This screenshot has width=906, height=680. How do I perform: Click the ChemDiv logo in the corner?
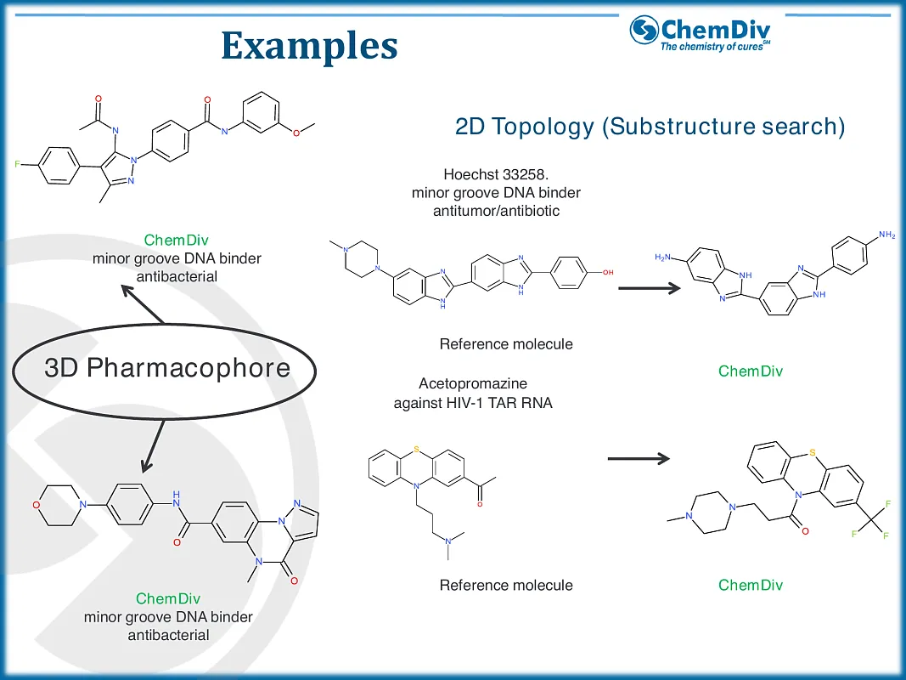701,33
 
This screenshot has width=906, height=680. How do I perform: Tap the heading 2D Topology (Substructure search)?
650,127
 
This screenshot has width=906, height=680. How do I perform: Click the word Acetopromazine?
473,384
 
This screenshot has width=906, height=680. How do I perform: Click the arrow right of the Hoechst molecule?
649,288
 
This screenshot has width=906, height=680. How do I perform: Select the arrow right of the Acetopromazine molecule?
639,460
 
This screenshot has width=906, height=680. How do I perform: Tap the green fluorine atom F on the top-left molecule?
18,161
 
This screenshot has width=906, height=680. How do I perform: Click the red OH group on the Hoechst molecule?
608,272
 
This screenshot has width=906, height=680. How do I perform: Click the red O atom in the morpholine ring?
37,505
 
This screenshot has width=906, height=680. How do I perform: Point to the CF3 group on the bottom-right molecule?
870,520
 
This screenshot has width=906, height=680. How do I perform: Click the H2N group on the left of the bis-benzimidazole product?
665,257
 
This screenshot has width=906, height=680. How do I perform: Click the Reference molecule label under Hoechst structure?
506,344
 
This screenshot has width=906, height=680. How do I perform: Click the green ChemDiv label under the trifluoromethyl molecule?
751,585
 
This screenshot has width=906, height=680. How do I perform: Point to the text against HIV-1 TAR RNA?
473,403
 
